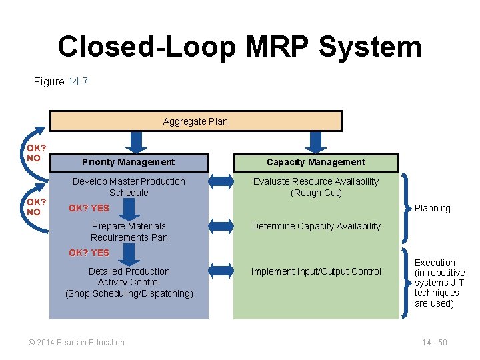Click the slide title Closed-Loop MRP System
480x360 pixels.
pyautogui.click(x=239, y=47)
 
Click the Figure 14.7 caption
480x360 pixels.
pyautogui.click(x=61, y=82)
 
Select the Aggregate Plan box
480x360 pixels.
pyautogui.click(x=195, y=121)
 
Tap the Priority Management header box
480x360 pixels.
pyautogui.click(x=129, y=162)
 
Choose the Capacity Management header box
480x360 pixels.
pyautogui.click(x=316, y=162)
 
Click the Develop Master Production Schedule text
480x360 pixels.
pyautogui.click(x=129, y=187)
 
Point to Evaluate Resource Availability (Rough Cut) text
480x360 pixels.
pyautogui.click(x=316, y=187)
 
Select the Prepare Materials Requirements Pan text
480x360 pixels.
pyautogui.click(x=129, y=231)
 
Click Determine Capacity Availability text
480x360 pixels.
pyautogui.click(x=316, y=226)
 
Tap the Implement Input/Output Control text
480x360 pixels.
pyautogui.click(x=316, y=271)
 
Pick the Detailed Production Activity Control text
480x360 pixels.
pyautogui.click(x=129, y=282)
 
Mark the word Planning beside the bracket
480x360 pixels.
pyautogui.click(x=433, y=208)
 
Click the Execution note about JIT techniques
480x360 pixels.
pyautogui.click(x=439, y=283)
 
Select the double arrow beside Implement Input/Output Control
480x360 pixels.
pyautogui.click(x=221, y=271)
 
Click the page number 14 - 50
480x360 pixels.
pyautogui.click(x=434, y=343)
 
